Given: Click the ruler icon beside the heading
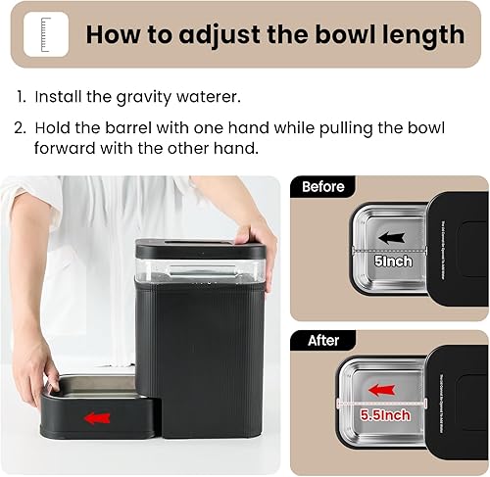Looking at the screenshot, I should click(x=46, y=34).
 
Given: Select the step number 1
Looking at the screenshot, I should click(x=20, y=98).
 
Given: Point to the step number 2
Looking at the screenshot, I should click(x=21, y=129).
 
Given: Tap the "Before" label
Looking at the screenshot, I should click(x=323, y=186).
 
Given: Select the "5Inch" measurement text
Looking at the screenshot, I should click(x=393, y=262).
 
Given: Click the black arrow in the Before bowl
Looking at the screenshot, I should click(x=392, y=237).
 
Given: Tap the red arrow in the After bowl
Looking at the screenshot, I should click(x=381, y=390).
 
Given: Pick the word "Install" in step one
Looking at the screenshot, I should click(x=61, y=98).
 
